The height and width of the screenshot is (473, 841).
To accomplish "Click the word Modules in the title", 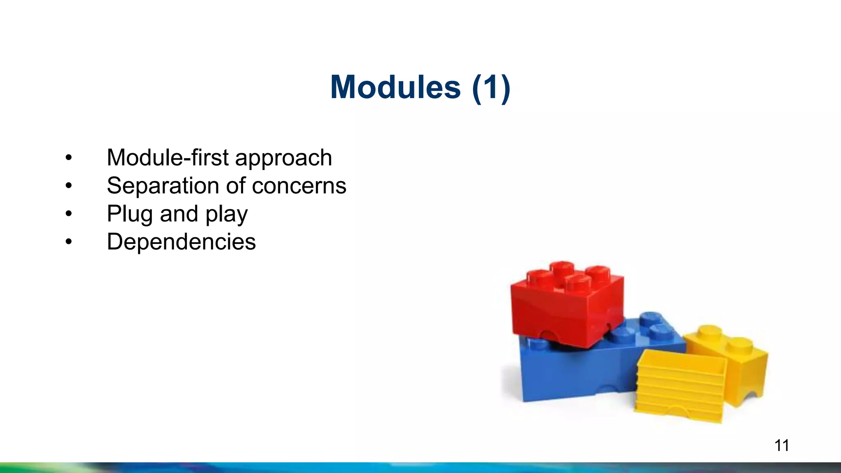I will point(395,87).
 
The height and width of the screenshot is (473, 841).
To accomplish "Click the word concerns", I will point(299,186).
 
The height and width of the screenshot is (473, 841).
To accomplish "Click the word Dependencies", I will point(181,242).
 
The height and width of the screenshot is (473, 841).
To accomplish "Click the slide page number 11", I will point(781,445).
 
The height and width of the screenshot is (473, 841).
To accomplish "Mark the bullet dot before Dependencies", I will point(69,242).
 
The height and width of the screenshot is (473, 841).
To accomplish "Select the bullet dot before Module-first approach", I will point(69,158).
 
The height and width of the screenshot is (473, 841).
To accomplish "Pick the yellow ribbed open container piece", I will point(680,386).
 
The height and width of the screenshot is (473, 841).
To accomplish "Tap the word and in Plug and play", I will point(179,214).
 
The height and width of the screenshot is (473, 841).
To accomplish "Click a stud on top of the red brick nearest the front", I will point(578,283).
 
